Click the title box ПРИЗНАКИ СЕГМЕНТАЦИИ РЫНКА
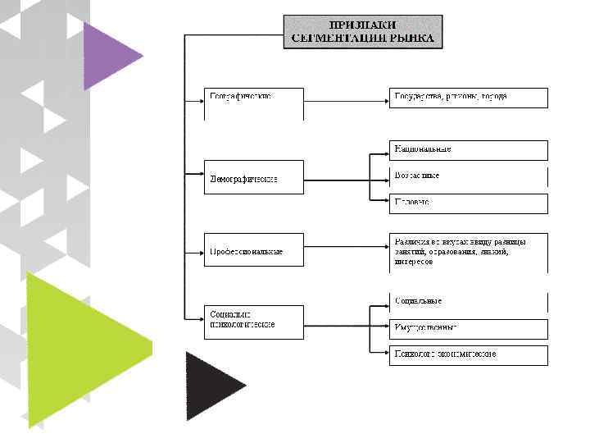[362, 31]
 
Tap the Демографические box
[253, 177]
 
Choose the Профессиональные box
[253, 249]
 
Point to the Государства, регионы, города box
[468, 98]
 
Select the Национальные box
[468, 150]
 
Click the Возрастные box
[468, 176]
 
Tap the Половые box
[468, 202]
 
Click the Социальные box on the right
[468, 302]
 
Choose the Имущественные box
[468, 328]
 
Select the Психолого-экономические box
[468, 354]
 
